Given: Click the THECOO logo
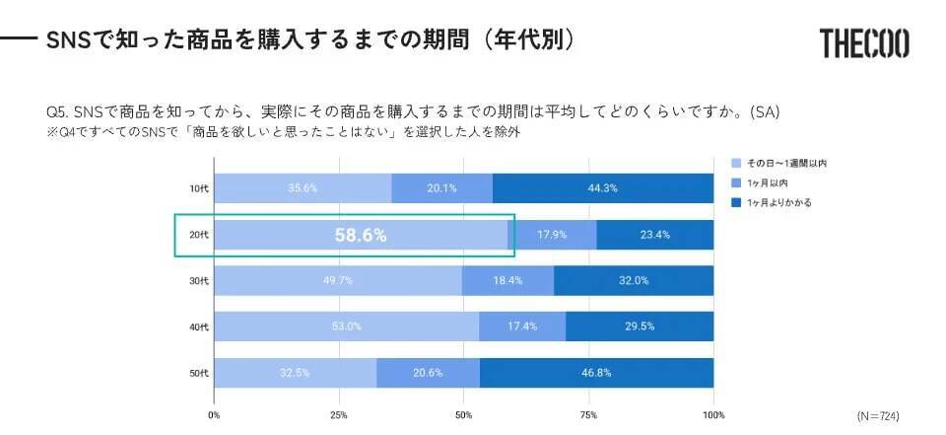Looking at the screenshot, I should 863,42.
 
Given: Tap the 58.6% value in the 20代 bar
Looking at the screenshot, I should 361,236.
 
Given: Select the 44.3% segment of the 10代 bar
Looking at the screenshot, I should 603,188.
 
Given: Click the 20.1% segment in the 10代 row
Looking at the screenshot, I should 441,188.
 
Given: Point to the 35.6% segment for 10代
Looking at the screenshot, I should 303,188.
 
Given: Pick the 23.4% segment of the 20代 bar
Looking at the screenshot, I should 654,235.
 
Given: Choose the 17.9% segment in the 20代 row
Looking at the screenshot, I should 553,235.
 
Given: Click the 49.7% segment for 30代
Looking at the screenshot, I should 338,281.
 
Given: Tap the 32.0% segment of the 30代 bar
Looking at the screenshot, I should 634,281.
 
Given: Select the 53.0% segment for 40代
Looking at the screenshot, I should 347,326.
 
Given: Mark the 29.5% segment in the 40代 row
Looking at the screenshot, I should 640,326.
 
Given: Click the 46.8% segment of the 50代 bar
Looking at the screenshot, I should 596,373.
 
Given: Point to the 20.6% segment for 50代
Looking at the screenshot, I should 428,373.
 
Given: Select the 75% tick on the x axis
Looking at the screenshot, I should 589,414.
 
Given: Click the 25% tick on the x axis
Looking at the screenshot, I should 339,414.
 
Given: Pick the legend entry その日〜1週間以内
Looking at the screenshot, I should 785,163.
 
